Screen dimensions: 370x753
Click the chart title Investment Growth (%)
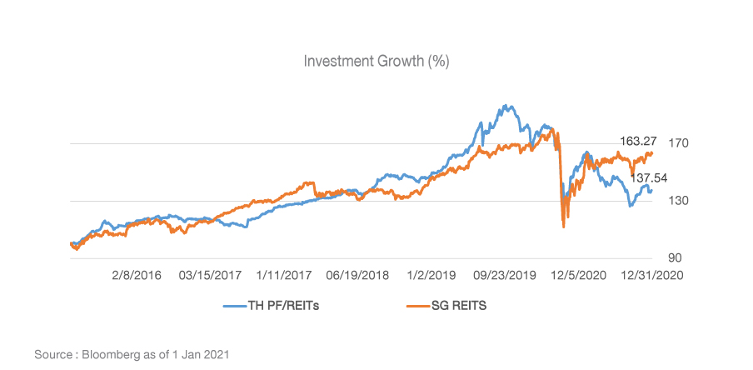(x=377, y=62)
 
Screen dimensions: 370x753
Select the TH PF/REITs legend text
(x=284, y=306)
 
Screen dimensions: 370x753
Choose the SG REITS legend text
(x=453, y=306)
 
